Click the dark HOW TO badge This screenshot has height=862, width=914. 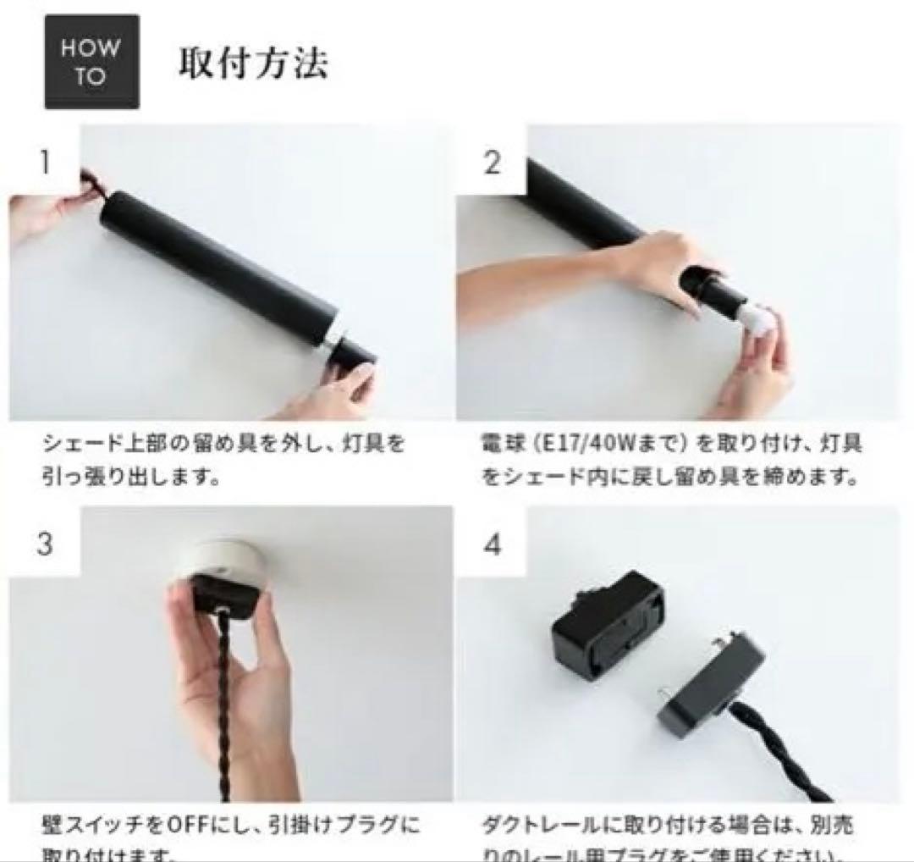91,62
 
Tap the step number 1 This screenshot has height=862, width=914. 43,161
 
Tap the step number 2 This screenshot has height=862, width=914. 493,161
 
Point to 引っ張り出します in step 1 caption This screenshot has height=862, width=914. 118,477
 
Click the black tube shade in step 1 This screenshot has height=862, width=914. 220,271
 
